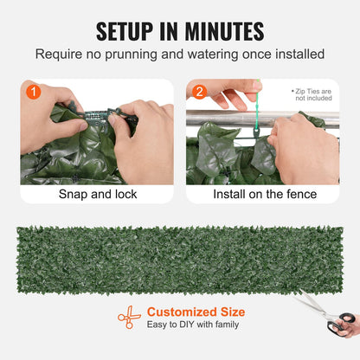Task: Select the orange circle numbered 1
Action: tap(32, 91)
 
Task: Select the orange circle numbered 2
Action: tap(199, 91)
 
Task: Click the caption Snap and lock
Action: tap(97, 194)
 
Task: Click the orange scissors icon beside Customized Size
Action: tap(129, 317)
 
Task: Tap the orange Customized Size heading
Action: tap(196, 312)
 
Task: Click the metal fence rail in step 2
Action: tap(225, 111)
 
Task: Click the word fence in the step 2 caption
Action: tap(300, 194)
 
